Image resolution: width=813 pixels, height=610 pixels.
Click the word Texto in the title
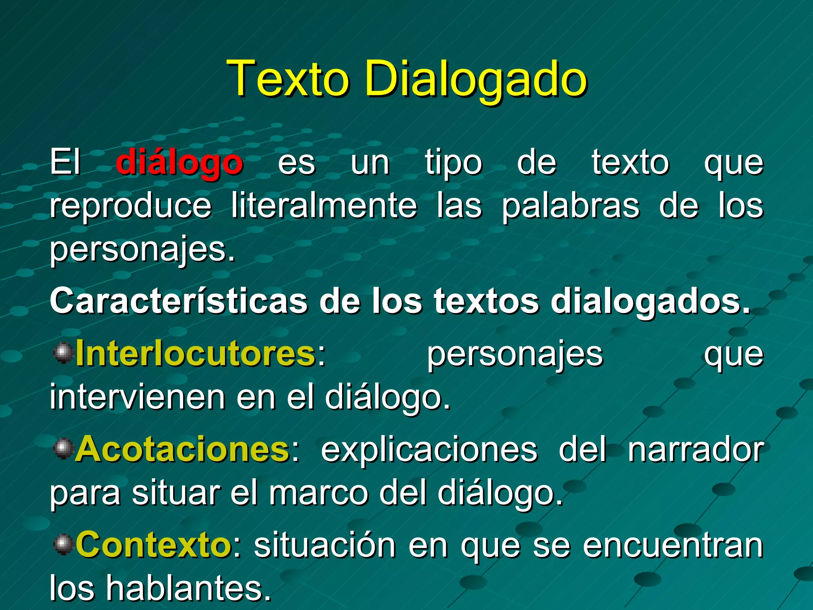289,78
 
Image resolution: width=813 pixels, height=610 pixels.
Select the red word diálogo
179,163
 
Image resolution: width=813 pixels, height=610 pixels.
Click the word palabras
570,207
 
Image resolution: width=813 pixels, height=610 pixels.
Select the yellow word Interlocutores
195,354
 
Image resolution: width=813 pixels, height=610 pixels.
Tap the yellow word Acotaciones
183,450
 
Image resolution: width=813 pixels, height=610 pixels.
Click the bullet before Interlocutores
63,353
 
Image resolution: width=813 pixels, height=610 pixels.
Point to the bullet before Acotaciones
63,449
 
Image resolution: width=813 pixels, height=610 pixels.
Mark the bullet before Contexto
63,544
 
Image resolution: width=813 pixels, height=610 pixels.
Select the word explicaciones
429,450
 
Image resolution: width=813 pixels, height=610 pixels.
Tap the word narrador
695,450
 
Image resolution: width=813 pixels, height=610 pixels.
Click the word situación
325,545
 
